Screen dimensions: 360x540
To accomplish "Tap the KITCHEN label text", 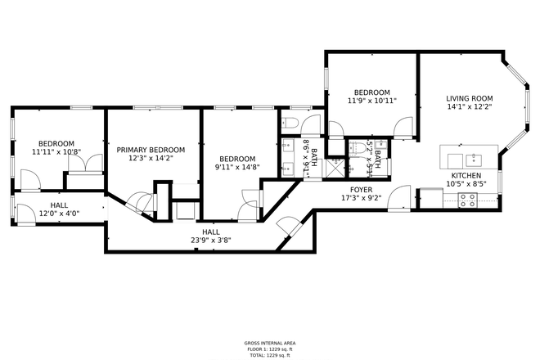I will pyautogui.click(x=466, y=175).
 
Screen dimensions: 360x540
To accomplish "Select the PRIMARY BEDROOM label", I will pyautogui.click(x=151, y=150).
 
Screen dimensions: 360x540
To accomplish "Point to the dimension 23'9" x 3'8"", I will pyautogui.click(x=210, y=241).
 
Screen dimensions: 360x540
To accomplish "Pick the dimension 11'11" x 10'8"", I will pyautogui.click(x=56, y=152).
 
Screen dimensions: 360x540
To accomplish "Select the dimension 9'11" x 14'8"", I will pyautogui.click(x=236, y=168).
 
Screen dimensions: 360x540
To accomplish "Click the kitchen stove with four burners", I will pyautogui.click(x=468, y=200).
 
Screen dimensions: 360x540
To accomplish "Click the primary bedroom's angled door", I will pyautogui.click(x=141, y=202).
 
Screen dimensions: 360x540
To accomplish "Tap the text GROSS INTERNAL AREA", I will pyautogui.click(x=269, y=343).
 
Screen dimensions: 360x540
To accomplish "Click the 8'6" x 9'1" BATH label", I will pyautogui.click(x=308, y=152).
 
